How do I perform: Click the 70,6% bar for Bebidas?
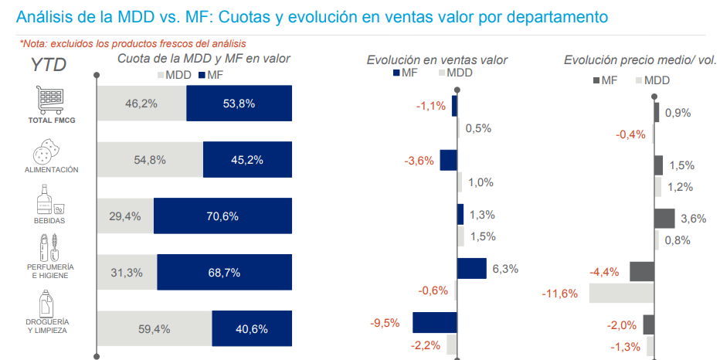pyautogui.click(x=222, y=216)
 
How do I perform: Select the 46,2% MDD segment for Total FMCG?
pyautogui.click(x=141, y=103)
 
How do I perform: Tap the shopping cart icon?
pyautogui.click(x=50, y=98)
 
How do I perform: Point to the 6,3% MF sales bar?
pyautogui.click(x=471, y=268)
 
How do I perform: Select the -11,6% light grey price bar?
pyautogui.click(x=621, y=294)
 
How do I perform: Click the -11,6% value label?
pyautogui.click(x=559, y=294)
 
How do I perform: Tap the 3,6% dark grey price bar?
pyautogui.click(x=664, y=219)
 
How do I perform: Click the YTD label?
pyautogui.click(x=49, y=66)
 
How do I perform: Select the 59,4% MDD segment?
pyautogui.click(x=155, y=329)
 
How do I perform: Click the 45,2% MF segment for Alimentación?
pyautogui.click(x=247, y=160)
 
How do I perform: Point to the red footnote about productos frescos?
pyautogui.click(x=138, y=44)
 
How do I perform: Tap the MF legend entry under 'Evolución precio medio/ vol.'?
pyautogui.click(x=603, y=80)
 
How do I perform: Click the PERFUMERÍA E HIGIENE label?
pyautogui.click(x=49, y=270)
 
